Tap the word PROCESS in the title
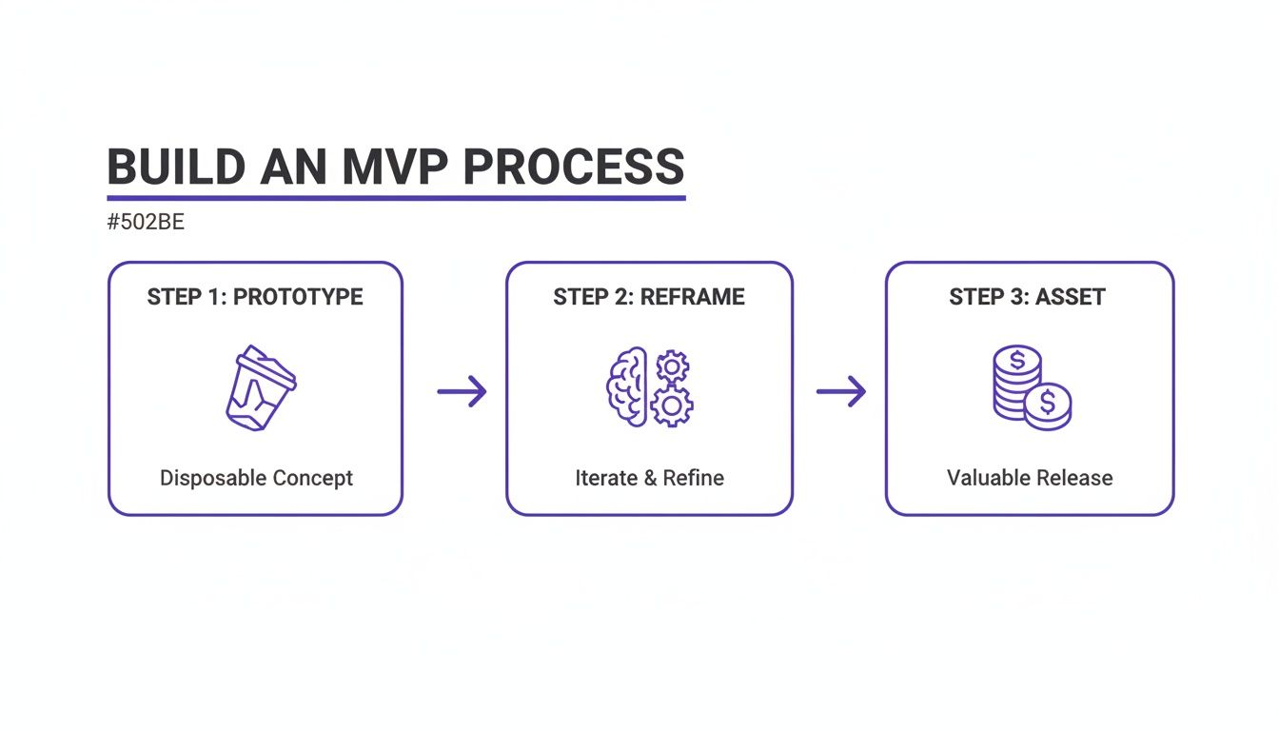(574, 168)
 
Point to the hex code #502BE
(146, 223)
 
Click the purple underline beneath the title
(396, 198)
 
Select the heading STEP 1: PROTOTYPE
(255, 297)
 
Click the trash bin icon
(259, 388)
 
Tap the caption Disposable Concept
(256, 478)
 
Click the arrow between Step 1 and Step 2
(462, 391)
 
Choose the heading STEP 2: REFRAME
(649, 297)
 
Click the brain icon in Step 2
(626, 386)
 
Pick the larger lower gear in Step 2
(672, 406)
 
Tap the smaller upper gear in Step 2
(673, 365)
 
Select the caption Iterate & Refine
(649, 478)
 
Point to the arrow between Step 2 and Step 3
(841, 391)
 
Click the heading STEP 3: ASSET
(1027, 297)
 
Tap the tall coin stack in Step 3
(1016, 381)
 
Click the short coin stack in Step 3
(1048, 406)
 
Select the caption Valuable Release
(1030, 478)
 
